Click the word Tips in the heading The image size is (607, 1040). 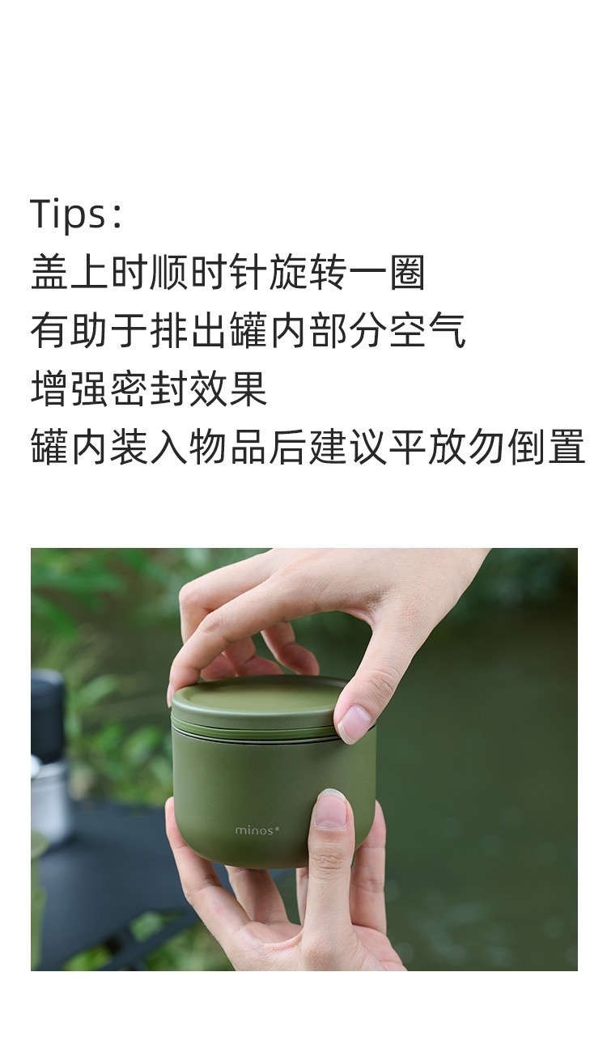[x=66, y=214]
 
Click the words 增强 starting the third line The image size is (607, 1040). [x=70, y=389]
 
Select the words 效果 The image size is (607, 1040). [x=228, y=389]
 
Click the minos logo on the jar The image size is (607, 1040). [x=256, y=830]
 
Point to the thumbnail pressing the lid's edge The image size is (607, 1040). [x=354, y=722]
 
